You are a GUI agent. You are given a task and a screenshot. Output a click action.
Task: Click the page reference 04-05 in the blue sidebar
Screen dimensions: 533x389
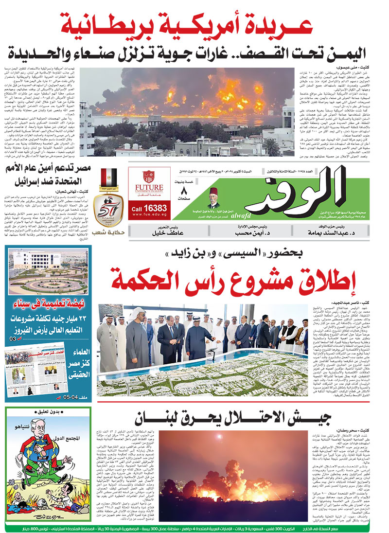(x=78, y=399)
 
